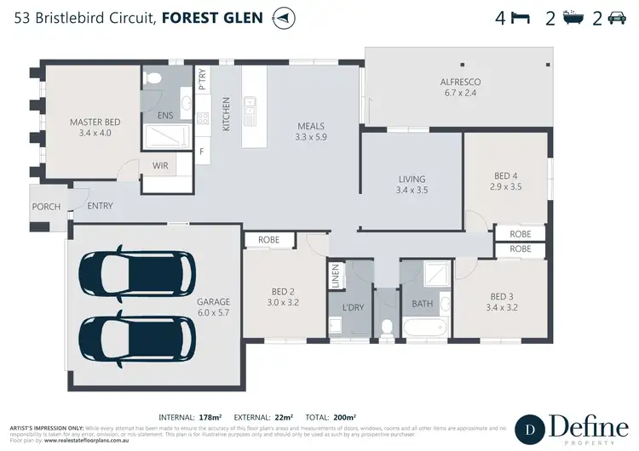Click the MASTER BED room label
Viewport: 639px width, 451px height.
(95, 123)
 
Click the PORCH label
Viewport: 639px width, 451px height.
(46, 207)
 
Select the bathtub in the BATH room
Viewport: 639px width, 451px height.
(423, 327)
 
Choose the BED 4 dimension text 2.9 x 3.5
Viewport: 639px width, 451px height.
(505, 186)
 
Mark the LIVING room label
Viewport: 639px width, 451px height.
(412, 180)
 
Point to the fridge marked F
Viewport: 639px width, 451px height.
(202, 151)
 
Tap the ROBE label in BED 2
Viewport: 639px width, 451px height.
(268, 241)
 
